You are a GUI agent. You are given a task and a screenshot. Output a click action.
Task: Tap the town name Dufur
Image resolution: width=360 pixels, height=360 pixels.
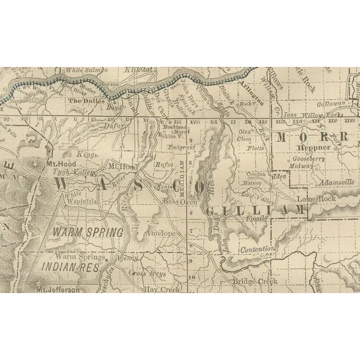pos(114,127)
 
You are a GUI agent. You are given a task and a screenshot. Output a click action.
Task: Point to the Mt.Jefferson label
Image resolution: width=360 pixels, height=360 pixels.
pos(58,290)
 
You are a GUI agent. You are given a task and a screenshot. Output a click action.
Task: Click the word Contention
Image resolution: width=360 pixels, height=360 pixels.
pos(256,248)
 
